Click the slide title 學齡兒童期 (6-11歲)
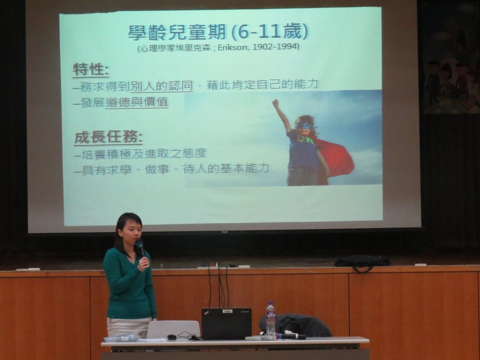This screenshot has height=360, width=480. [218, 33]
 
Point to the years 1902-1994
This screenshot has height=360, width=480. [275, 47]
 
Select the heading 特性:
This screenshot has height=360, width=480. [90, 70]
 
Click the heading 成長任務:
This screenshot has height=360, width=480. [108, 138]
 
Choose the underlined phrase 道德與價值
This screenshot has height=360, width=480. [137, 102]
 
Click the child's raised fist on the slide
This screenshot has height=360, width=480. [275, 102]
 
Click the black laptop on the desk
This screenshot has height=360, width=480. [226, 324]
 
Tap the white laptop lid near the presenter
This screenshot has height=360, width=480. [173, 329]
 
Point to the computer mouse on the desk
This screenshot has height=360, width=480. [172, 337]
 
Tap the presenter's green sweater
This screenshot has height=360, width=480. [129, 284]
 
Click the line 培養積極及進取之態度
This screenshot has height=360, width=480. [141, 154]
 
